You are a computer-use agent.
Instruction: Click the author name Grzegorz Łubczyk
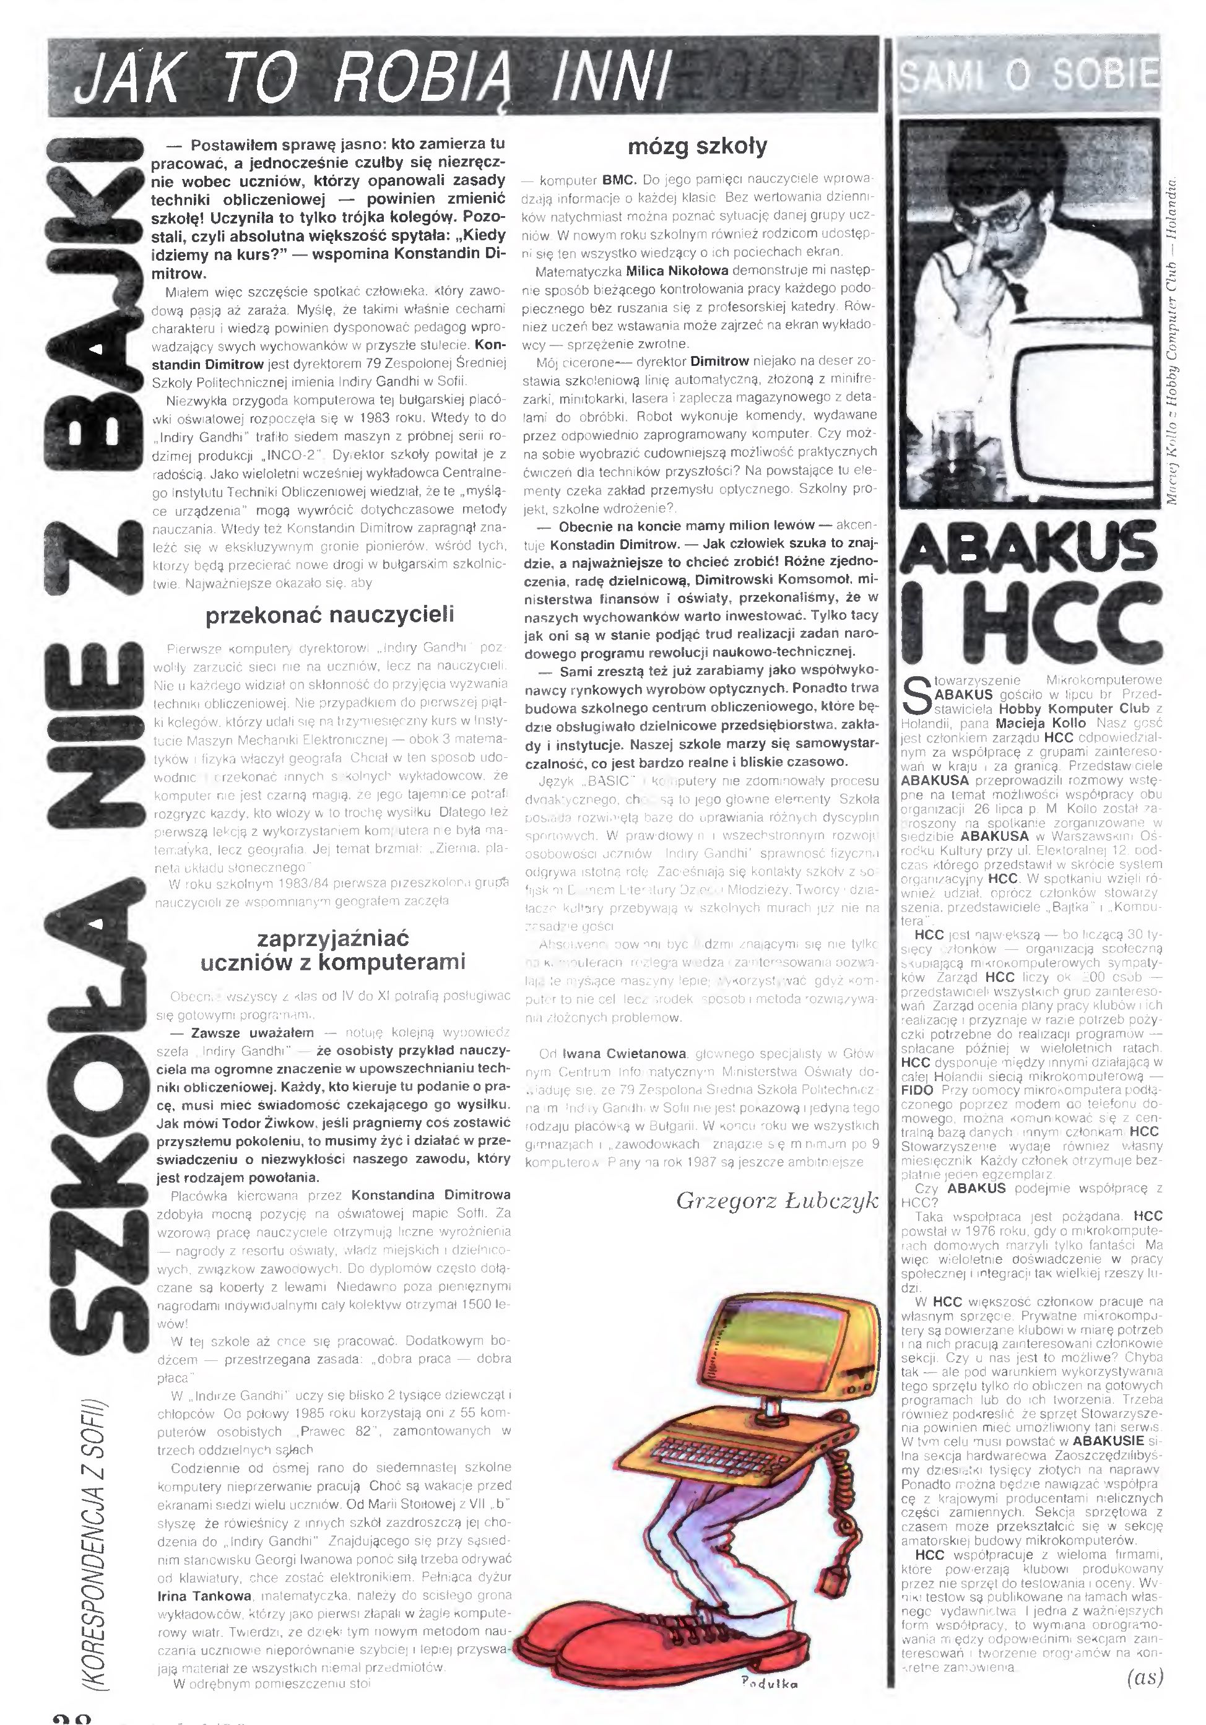(x=776, y=1200)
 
